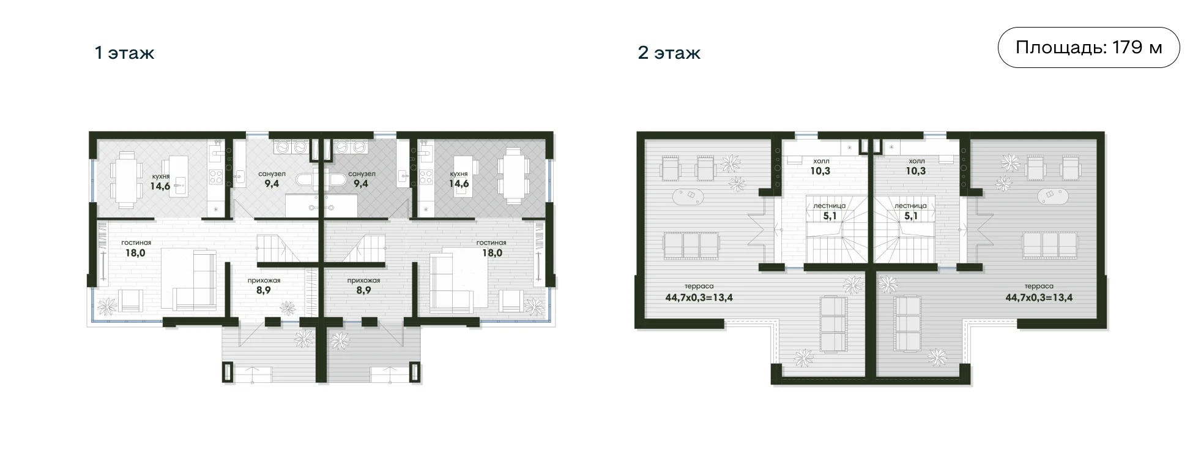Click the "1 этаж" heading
(124, 53)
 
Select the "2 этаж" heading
(669, 53)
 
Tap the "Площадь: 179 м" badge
(1088, 47)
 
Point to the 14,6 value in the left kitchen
(160, 186)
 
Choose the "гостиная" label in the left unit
(136, 243)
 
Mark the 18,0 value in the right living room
(491, 252)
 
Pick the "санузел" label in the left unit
(272, 174)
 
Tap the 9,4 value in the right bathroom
(360, 183)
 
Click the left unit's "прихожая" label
(264, 280)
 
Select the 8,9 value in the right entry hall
(363, 290)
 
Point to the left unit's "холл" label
(820, 161)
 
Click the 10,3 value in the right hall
(915, 171)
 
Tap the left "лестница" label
(829, 206)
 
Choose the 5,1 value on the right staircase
(910, 216)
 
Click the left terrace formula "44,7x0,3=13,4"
(699, 298)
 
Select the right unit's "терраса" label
(1039, 286)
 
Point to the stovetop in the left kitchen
(217, 177)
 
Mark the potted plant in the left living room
(108, 304)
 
